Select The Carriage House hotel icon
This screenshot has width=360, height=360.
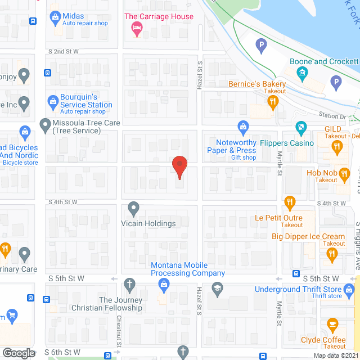pyautogui.click(x=136, y=27)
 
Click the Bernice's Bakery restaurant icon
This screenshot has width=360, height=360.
pyautogui.click(x=273, y=101)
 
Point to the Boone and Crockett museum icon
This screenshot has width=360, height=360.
pyautogui.click(x=302, y=73)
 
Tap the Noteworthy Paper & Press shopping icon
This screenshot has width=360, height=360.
pyautogui.click(x=243, y=126)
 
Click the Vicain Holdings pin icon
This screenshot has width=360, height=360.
pyautogui.click(x=133, y=209)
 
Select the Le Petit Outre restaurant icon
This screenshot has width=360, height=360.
pyautogui.click(x=289, y=201)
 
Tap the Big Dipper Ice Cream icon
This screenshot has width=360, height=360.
pyautogui.click(x=332, y=255)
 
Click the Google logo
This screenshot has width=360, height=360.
pyautogui.click(x=19, y=353)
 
